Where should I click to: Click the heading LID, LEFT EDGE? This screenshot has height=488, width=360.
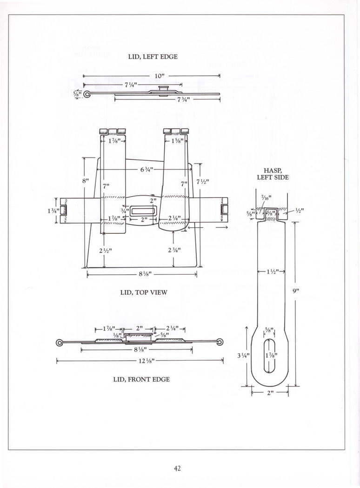coord(153,57)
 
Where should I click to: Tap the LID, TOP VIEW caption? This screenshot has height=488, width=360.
coord(144,292)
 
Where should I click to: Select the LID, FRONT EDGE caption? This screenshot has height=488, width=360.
coord(141,379)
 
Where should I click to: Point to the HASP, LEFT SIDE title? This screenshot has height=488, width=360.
coord(273,174)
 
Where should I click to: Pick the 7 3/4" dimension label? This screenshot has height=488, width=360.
coord(184,99)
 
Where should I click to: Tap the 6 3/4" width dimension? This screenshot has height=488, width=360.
coord(147,169)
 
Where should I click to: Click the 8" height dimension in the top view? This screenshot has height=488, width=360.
coord(86,181)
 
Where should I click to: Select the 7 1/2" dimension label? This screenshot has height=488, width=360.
coord(202,181)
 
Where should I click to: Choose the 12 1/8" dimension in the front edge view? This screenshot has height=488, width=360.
coord(147,361)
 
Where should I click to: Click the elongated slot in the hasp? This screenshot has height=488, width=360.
coord(269,356)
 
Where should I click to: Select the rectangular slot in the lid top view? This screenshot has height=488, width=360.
coord(143,211)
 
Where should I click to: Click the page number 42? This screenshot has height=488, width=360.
coord(178,468)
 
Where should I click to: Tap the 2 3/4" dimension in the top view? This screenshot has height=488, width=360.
coord(174,250)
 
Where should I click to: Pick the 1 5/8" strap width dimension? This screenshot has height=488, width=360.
coord(179,141)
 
